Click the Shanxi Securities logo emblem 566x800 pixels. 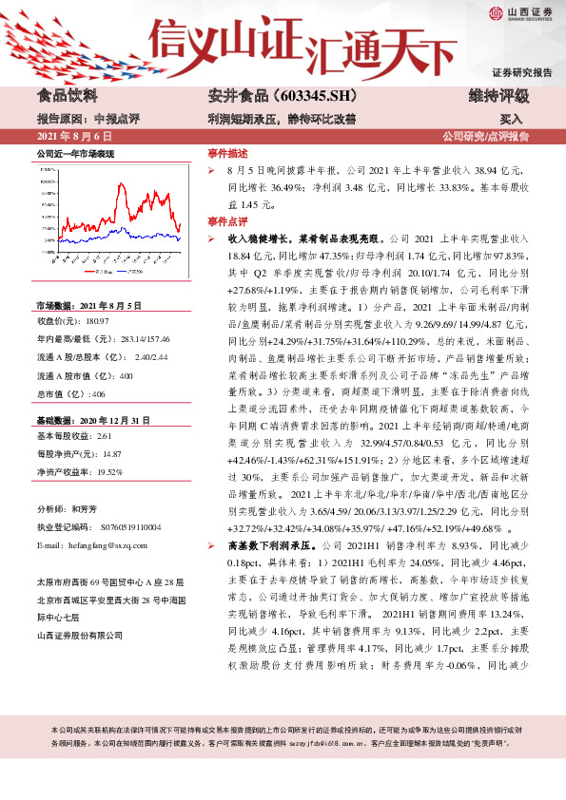[496, 12]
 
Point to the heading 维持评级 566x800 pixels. [499, 96]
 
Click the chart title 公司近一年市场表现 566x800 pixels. [75, 153]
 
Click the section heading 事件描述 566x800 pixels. [227, 153]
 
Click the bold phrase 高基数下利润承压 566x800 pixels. [259, 547]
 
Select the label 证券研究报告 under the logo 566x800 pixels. [521, 72]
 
